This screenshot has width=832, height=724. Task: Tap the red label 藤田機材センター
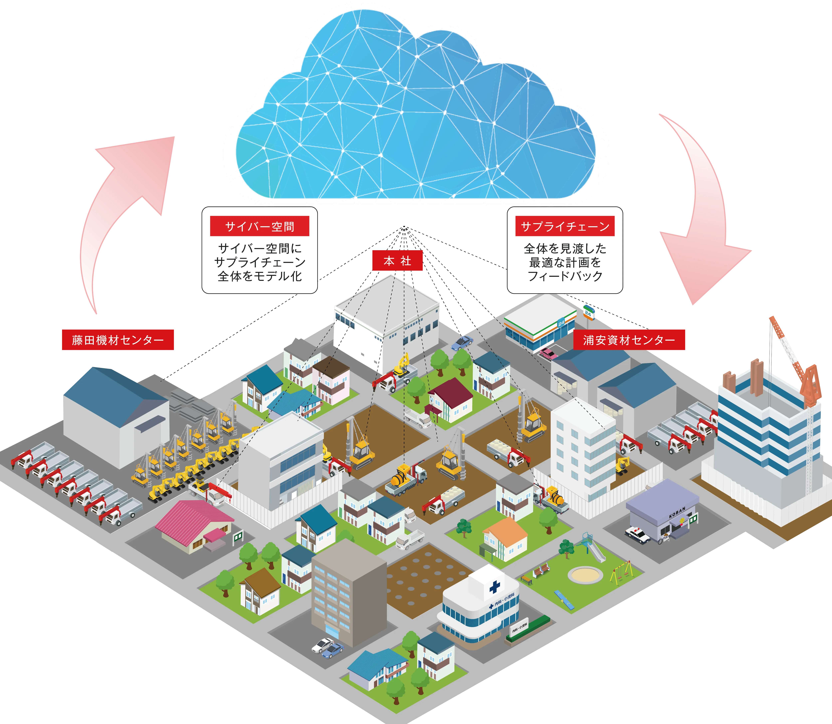click(118, 340)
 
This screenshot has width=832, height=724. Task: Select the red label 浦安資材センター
click(629, 340)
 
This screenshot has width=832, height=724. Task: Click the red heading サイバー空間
click(259, 226)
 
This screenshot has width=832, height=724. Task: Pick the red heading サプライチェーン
click(565, 226)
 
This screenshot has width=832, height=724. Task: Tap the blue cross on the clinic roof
click(494, 586)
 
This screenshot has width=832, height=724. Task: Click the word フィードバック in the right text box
click(565, 276)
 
